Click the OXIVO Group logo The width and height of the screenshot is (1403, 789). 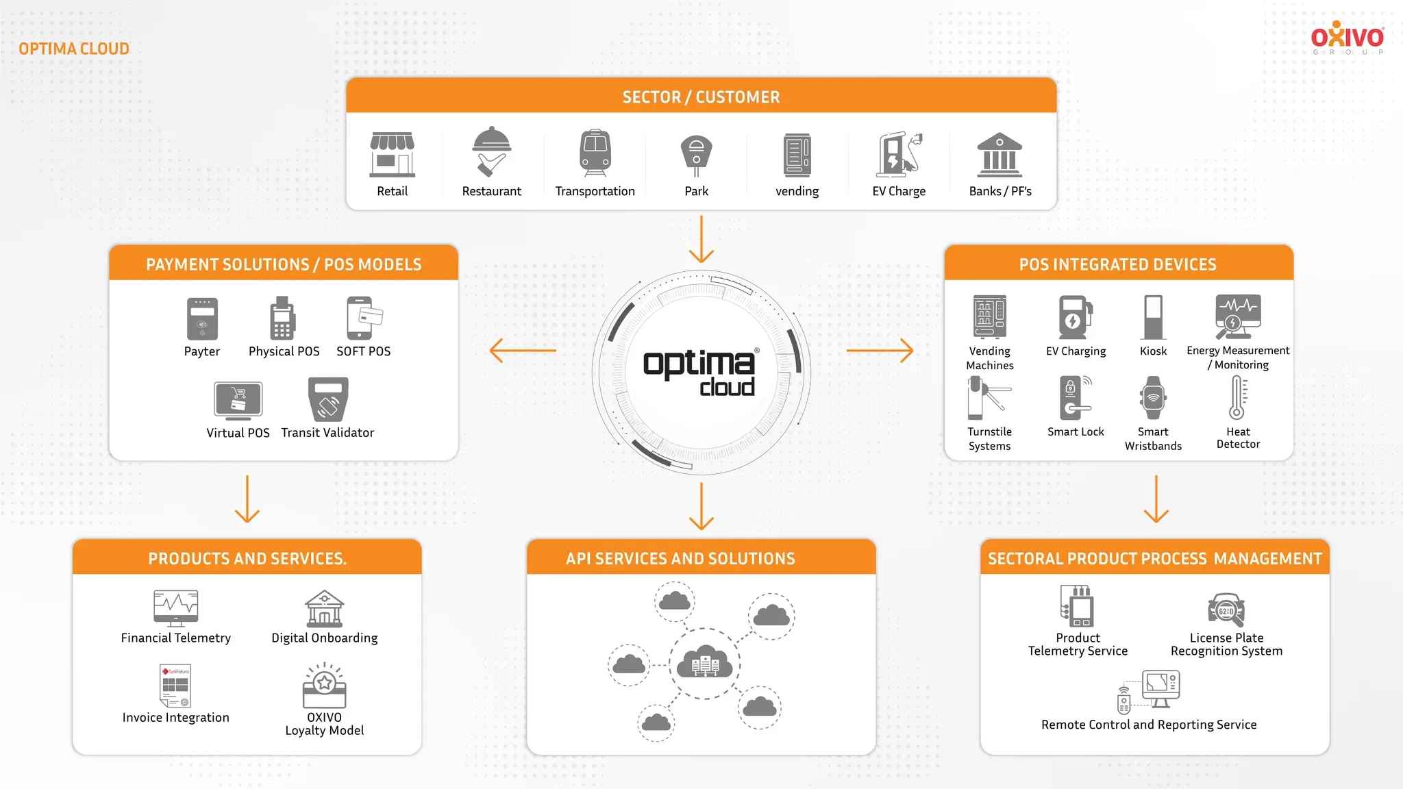[1347, 38]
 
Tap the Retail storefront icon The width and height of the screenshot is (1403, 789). [392, 154]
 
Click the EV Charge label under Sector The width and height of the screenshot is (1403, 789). [898, 192]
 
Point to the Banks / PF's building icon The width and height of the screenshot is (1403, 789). [1000, 155]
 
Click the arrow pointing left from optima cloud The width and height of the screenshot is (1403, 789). [523, 350]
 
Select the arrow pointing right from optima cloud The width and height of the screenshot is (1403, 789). [880, 350]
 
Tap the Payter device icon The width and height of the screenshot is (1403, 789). [202, 318]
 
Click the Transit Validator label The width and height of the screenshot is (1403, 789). [327, 433]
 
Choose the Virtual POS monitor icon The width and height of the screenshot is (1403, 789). [238, 401]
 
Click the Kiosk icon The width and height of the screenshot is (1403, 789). [1153, 317]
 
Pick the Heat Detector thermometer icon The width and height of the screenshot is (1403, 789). [1237, 397]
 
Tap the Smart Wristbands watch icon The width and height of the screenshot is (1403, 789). [1153, 398]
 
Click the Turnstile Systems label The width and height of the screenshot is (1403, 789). [989, 439]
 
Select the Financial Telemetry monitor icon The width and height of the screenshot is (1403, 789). [176, 608]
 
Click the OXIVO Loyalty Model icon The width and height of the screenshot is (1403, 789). [324, 686]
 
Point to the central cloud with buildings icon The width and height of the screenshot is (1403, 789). [705, 663]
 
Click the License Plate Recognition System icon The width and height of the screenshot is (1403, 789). [1226, 610]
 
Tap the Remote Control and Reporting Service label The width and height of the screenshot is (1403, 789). [1149, 725]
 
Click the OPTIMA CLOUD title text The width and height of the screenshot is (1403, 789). [74, 49]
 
